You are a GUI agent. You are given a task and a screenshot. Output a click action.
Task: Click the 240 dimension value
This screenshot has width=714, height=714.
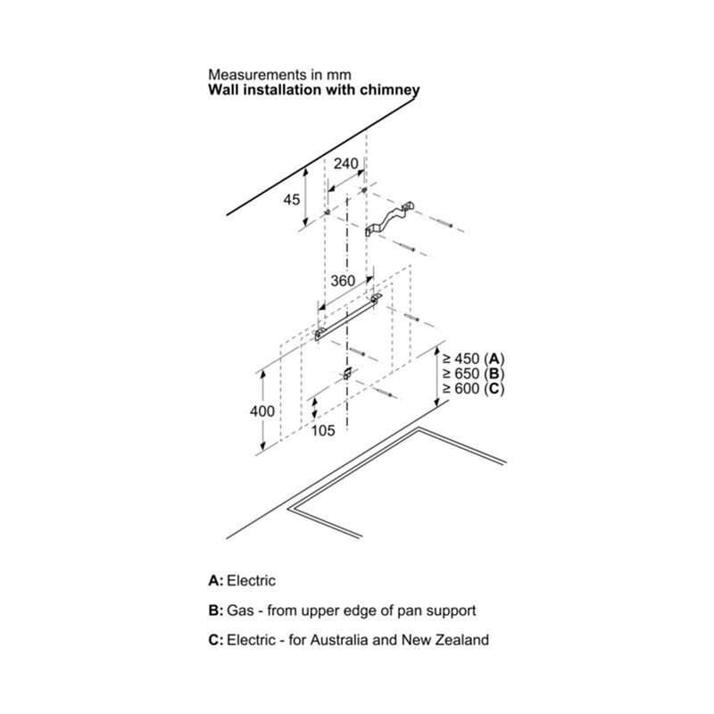346,163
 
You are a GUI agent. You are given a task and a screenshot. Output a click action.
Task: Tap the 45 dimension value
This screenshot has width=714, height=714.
292,199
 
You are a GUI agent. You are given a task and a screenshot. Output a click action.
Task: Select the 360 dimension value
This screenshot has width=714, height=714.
343,280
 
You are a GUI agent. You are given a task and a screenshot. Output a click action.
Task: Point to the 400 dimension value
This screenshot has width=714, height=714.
262,411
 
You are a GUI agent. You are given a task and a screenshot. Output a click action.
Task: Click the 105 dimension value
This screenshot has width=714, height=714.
323,430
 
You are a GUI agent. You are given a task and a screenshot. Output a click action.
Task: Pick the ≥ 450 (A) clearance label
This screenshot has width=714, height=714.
474,359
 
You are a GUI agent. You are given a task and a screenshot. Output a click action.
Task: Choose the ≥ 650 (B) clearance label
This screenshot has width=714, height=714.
474,373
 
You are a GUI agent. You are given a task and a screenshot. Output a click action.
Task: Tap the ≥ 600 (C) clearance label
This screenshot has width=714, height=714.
474,388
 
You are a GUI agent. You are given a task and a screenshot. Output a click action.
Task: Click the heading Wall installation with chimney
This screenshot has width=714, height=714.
314,90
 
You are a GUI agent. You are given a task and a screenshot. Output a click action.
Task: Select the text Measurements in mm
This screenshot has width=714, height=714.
279,74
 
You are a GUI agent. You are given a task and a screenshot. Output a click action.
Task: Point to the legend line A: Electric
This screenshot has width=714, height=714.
242,581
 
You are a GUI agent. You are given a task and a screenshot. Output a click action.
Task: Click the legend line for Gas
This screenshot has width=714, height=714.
342,610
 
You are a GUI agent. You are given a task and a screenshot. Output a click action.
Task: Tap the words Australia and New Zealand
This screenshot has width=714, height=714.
400,640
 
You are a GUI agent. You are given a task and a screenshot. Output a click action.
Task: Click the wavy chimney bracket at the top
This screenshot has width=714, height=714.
390,219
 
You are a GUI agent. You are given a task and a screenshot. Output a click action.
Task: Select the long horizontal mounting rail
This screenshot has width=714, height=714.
348,318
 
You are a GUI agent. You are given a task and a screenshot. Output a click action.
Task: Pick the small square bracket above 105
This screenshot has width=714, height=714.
347,373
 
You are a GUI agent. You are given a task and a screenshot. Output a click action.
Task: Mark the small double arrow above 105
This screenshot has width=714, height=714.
314,409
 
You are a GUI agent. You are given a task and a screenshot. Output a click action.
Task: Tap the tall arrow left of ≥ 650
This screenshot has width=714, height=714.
437,377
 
